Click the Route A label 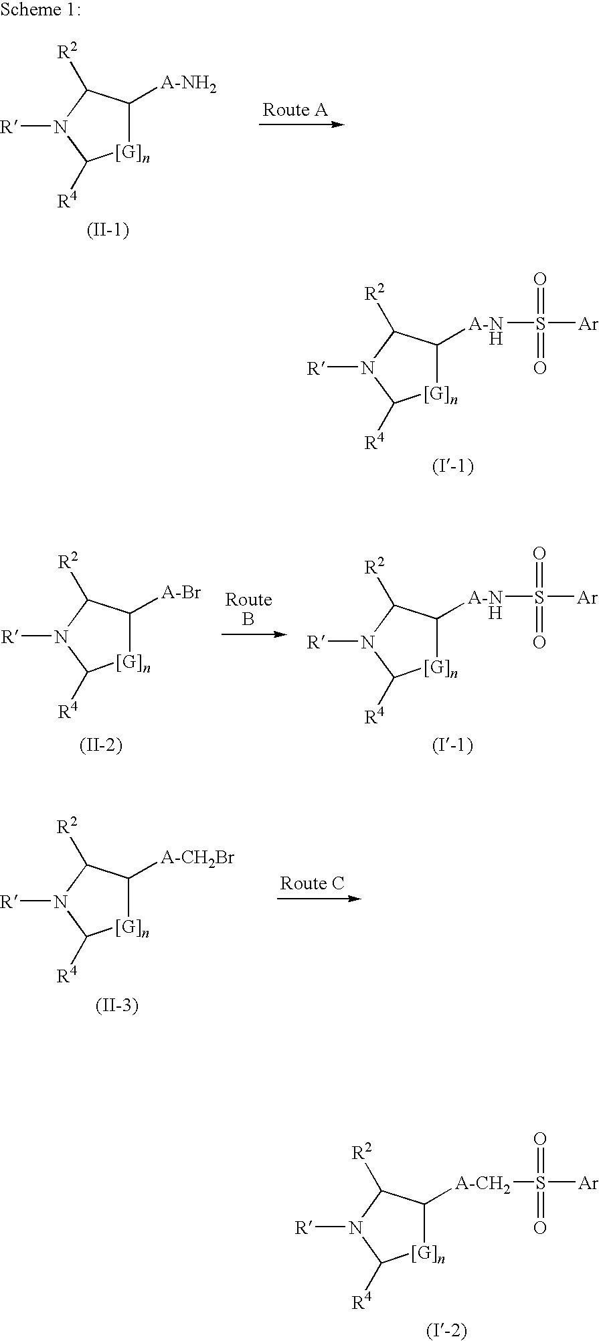coord(294,110)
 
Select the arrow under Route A coord(301,125)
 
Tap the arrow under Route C coord(319,898)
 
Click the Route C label coord(312,883)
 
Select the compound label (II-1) coord(108,230)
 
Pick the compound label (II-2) coord(100,745)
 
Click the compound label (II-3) coord(116,1006)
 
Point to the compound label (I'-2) coord(446,1331)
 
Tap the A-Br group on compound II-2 coord(181,593)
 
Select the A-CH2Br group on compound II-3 coord(197,857)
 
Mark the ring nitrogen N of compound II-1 coord(61,126)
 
